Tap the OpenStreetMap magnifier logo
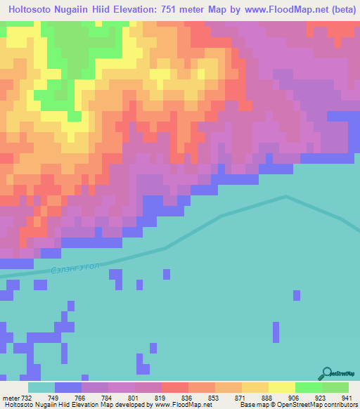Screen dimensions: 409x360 [326, 372]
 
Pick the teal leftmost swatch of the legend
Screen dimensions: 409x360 [41, 387]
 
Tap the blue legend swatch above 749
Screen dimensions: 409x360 [68, 387]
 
